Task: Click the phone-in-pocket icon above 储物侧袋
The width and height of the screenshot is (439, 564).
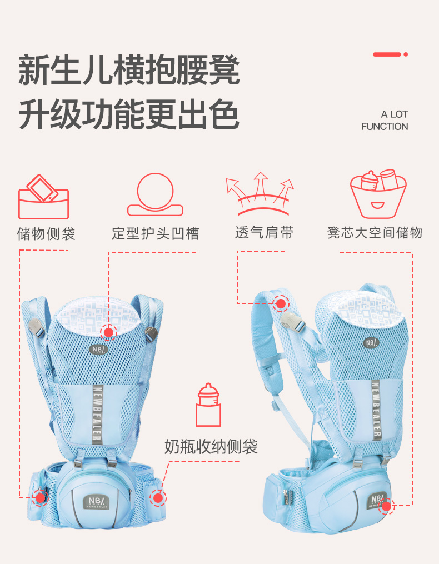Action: tap(43, 197)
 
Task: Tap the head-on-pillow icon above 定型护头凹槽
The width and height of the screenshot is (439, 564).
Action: tap(155, 194)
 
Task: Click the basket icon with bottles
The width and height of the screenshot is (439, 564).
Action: tap(378, 194)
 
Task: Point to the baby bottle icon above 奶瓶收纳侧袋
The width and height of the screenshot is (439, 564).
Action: tap(208, 405)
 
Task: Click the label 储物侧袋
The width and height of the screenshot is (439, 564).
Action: tap(46, 234)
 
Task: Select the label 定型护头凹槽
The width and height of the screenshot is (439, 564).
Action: tap(156, 233)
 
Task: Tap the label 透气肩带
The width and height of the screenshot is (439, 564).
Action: tap(265, 233)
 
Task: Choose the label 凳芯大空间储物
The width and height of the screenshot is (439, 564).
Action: tap(375, 233)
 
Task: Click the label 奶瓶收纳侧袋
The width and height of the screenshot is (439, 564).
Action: tap(211, 447)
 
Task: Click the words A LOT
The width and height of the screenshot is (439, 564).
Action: tap(395, 114)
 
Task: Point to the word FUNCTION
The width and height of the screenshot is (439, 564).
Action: tap(385, 127)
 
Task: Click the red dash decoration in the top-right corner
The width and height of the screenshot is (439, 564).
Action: tap(390, 54)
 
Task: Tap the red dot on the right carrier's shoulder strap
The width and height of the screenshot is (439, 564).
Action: tap(281, 303)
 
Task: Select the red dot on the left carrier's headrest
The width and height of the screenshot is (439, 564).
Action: tap(108, 332)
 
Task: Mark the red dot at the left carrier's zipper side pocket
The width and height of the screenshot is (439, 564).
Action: tap(41, 498)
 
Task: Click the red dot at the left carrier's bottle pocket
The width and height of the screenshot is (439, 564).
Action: tap(158, 498)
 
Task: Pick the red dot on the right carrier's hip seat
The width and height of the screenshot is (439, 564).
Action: tap(386, 506)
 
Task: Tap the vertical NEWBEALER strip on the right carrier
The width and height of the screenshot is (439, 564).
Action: tap(376, 409)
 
